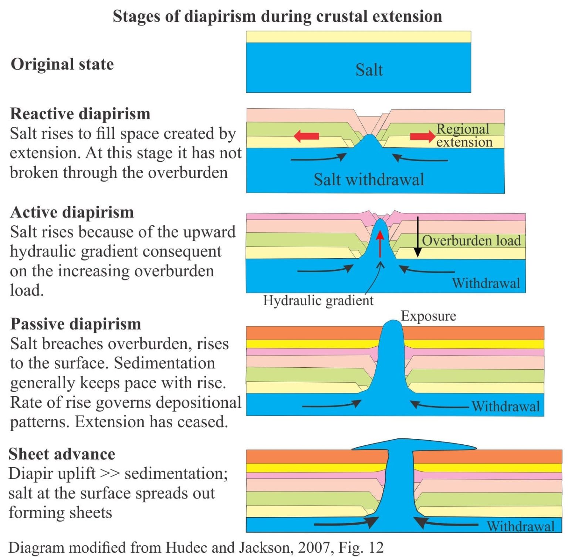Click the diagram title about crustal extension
pyautogui.click(x=277, y=17)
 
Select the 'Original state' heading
pyautogui.click(x=62, y=64)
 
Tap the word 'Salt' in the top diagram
pyautogui.click(x=369, y=70)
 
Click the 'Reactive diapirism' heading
pyautogui.click(x=80, y=114)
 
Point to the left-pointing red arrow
pyautogui.click(x=307, y=136)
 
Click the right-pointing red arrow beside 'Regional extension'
pyautogui.click(x=423, y=137)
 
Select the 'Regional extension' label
pyautogui.click(x=464, y=135)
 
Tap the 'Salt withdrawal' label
pyautogui.click(x=369, y=179)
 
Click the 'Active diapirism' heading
pyautogui.click(x=72, y=212)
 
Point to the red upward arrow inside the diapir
pyautogui.click(x=380, y=244)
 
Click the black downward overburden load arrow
pyautogui.click(x=417, y=237)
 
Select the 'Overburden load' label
pyautogui.click(x=471, y=240)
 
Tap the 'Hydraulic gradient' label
pyautogui.click(x=318, y=300)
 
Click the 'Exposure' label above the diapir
pyautogui.click(x=429, y=316)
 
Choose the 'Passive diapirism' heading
pyautogui.click(x=76, y=324)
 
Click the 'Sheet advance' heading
pyautogui.click(x=62, y=454)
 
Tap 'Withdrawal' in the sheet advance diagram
pyautogui.click(x=521, y=526)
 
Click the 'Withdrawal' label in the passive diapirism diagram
pyautogui.click(x=506, y=407)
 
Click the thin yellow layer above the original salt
pyautogui.click(x=358, y=37)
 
